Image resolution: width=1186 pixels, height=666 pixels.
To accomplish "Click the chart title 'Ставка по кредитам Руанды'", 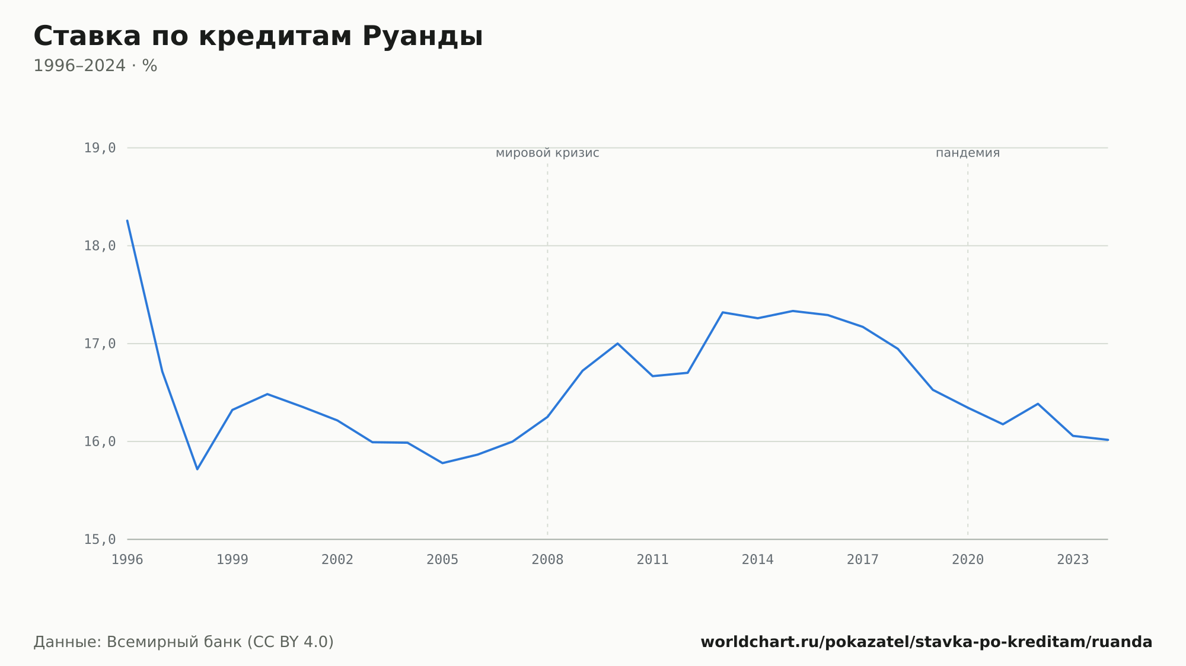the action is coord(258,36).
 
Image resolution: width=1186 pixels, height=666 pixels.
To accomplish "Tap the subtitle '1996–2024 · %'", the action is coord(95,66).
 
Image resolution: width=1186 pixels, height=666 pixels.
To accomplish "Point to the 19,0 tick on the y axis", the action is coord(100,148).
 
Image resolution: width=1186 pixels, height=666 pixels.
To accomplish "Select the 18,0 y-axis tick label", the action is coord(100,246).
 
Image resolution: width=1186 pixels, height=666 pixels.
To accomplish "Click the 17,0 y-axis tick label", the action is coord(100,344).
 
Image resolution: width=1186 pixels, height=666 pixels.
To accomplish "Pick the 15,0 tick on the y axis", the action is coord(100,539).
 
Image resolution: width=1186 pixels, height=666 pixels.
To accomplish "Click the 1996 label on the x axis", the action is coord(127,560).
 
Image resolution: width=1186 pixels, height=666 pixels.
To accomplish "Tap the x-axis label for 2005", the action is coord(442,560).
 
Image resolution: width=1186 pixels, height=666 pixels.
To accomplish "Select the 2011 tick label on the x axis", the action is coord(652,560).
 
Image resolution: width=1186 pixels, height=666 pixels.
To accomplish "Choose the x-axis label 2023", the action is coord(1073,560).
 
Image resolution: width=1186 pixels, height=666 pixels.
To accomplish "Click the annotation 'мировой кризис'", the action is coord(547,153).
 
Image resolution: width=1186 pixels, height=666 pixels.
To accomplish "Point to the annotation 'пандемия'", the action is coord(968,153).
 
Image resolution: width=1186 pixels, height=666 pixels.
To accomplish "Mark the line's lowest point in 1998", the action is coord(197,469).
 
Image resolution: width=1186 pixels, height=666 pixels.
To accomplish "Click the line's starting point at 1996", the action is coord(127,220).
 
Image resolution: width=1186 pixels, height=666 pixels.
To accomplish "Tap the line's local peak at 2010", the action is coord(617,344).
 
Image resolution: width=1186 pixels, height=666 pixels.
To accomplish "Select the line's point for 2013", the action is coord(722,312).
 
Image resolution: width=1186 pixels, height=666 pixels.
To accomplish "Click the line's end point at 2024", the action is coord(1108,440).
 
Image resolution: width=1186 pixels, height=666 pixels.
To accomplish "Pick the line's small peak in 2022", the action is coord(1038,404).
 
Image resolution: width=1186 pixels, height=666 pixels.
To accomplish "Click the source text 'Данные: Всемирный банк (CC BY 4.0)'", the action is coord(184,642).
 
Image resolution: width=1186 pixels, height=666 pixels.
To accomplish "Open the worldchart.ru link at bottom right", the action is coord(926,642).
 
